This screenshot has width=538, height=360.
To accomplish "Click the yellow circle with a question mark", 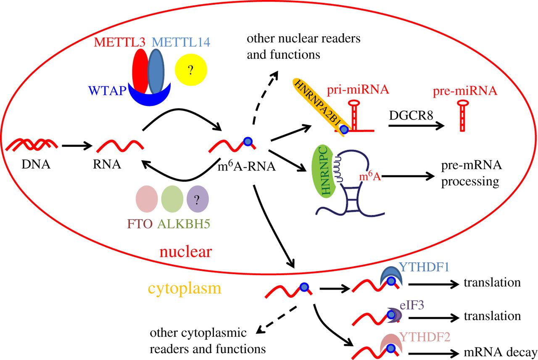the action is (191, 70).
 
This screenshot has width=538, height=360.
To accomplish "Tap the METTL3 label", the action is (120, 42).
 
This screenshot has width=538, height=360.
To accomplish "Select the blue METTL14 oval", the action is (156, 71).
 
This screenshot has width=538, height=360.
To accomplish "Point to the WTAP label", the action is (107, 90).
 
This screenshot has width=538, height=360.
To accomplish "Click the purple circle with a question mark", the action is (198, 199).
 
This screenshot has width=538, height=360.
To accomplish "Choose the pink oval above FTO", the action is (147, 199).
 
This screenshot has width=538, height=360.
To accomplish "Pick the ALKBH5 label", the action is (184, 224).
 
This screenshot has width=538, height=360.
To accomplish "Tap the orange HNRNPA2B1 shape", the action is (321, 106).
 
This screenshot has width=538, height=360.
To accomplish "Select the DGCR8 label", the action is (411, 115).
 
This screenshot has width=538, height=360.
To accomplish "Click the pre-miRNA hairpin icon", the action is (462, 116).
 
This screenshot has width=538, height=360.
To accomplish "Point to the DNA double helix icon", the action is (32, 145).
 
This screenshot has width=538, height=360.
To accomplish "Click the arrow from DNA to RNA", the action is (77, 146).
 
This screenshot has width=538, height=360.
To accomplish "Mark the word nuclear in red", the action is (186, 252).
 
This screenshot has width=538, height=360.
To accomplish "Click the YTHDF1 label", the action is (424, 267).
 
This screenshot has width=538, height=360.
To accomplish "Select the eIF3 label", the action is (412, 305).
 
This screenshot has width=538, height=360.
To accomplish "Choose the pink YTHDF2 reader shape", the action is (391, 341).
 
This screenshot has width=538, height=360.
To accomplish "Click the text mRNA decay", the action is (500, 352).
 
